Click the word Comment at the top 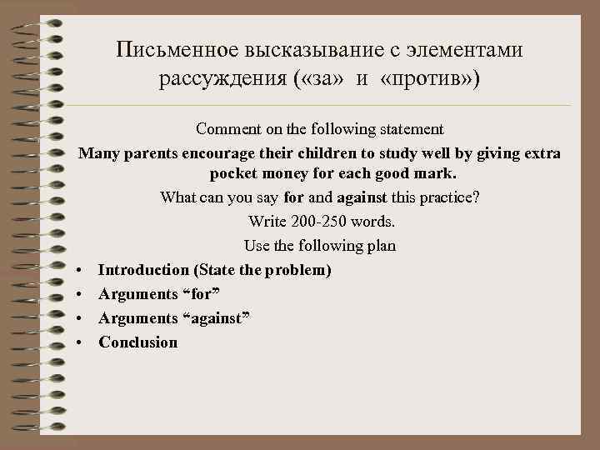[x=226, y=130]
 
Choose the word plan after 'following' [x=381, y=247]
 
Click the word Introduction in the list [x=143, y=270]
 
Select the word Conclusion [x=137, y=342]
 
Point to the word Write [x=266, y=222]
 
